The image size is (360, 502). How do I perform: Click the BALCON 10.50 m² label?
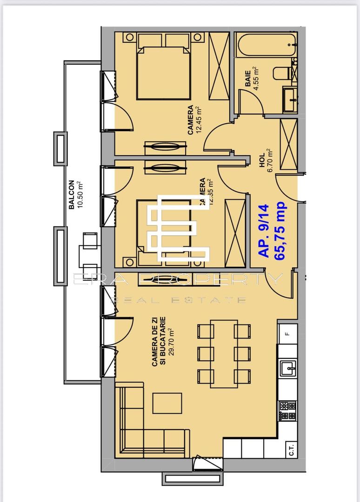coord(74,196)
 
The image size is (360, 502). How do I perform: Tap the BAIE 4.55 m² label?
coord(252,78)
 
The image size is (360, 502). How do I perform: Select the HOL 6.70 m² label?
coord(266,160)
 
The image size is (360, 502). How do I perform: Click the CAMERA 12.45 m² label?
coord(195,120)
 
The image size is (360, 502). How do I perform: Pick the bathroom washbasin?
coord(289,99)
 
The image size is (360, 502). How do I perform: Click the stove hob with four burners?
coord(287,410)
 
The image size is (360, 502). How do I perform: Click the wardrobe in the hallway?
coord(288,145)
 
